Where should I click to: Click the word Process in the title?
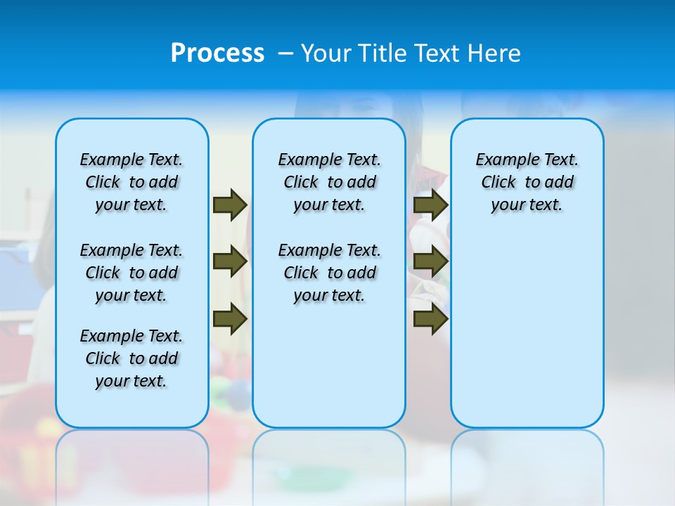(217, 53)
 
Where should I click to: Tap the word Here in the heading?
(496, 53)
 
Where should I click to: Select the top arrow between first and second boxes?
(230, 205)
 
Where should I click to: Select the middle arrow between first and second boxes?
(230, 262)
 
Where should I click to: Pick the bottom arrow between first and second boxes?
(230, 319)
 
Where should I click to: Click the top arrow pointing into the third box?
(431, 205)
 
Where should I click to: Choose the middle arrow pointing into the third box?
(431, 262)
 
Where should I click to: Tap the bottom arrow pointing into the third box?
(431, 319)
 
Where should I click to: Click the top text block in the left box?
(131, 182)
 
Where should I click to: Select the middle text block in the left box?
(131, 273)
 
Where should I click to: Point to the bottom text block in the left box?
(131, 358)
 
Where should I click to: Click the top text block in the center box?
(329, 182)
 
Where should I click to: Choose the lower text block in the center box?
(329, 273)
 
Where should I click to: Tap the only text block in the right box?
(527, 182)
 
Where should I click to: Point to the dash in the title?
(285, 53)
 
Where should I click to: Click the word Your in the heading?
(327, 53)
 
